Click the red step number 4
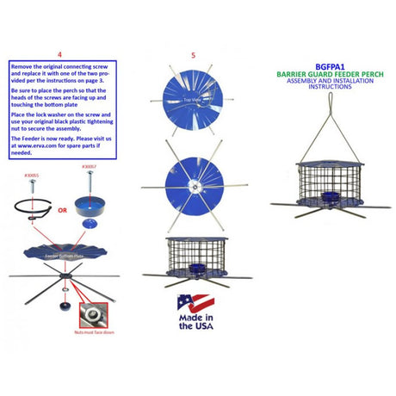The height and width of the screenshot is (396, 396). point(58,53)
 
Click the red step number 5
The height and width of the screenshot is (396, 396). point(193,54)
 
